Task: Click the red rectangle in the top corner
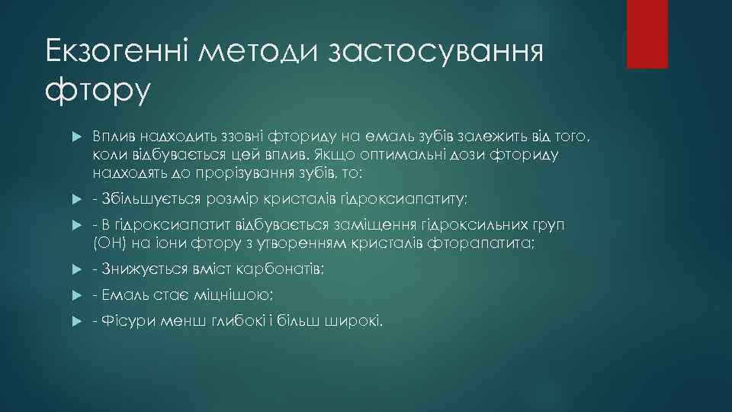(647, 34)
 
